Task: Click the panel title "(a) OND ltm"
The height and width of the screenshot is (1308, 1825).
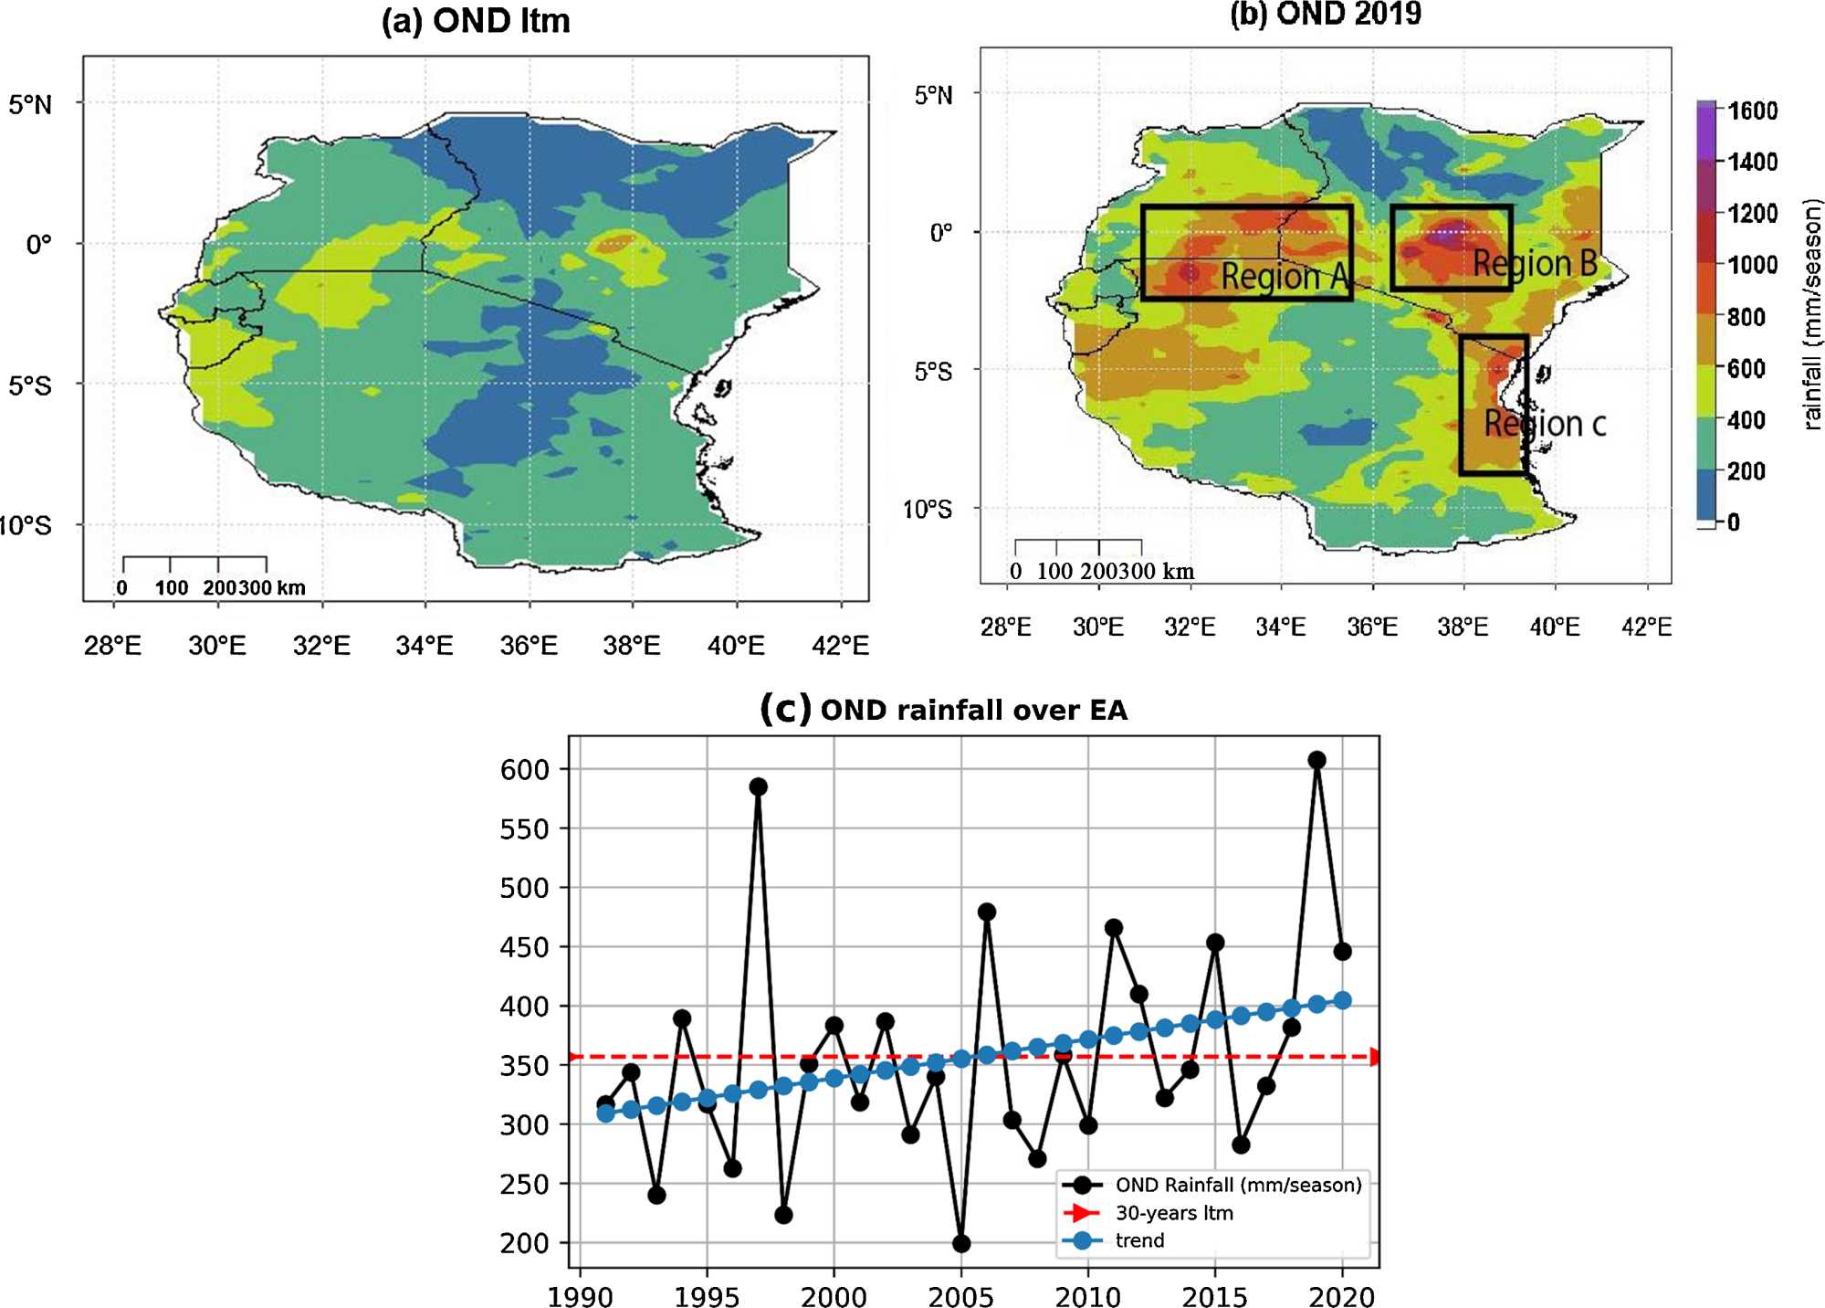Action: pyautogui.click(x=476, y=20)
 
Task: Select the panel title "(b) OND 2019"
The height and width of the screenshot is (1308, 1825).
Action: pyautogui.click(x=1326, y=14)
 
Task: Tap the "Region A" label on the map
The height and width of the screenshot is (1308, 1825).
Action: pyautogui.click(x=1284, y=276)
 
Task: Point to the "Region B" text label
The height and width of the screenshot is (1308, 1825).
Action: pyautogui.click(x=1535, y=263)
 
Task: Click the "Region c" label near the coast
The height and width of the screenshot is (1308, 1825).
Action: pyautogui.click(x=1545, y=424)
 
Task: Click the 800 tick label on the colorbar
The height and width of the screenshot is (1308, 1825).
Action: pyautogui.click(x=1746, y=317)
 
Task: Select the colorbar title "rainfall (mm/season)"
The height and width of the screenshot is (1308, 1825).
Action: pyautogui.click(x=1811, y=313)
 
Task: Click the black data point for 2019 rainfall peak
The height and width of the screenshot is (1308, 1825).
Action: pyautogui.click(x=1316, y=760)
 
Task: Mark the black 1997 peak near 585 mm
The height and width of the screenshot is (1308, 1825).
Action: pyautogui.click(x=758, y=786)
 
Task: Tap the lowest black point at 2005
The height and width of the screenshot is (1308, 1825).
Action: pyautogui.click(x=961, y=1243)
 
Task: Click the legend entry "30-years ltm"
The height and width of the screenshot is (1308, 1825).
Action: pyautogui.click(x=1173, y=1213)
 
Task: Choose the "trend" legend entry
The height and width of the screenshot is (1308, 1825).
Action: pyautogui.click(x=1139, y=1240)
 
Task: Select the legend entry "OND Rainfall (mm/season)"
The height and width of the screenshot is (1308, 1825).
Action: pyautogui.click(x=1237, y=1185)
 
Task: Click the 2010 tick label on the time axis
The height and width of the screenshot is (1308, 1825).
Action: pyautogui.click(x=1087, y=1296)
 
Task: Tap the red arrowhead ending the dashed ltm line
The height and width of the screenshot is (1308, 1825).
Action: pyautogui.click(x=1374, y=1057)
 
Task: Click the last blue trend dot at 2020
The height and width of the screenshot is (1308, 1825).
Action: pyautogui.click(x=1342, y=1000)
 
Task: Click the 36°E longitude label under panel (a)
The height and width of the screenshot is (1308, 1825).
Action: pyautogui.click(x=529, y=646)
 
